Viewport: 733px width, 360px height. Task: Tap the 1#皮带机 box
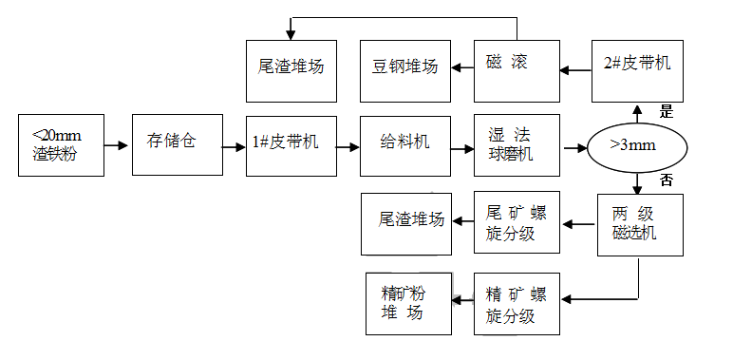pyautogui.click(x=291, y=145)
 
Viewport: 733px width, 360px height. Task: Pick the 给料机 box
pyautogui.click(x=405, y=145)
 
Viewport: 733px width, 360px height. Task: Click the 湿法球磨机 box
pyautogui.click(x=517, y=145)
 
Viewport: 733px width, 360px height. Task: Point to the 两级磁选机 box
pyautogui.click(x=640, y=224)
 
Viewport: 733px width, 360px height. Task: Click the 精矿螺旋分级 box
pyautogui.click(x=517, y=303)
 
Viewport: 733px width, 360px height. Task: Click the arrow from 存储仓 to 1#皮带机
pyautogui.click(x=234, y=147)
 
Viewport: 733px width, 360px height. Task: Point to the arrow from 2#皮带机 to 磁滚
pyautogui.click(x=575, y=68)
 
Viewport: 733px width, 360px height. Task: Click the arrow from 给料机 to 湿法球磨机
pyautogui.click(x=462, y=148)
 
